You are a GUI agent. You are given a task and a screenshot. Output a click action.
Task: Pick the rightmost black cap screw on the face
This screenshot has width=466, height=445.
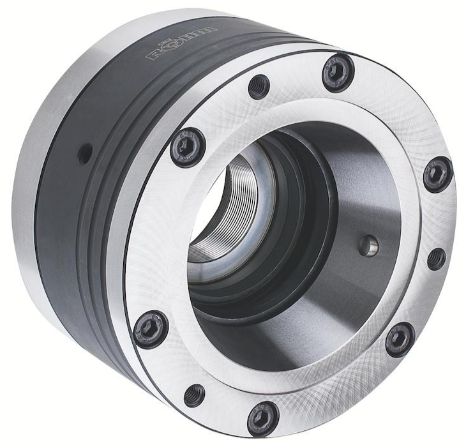pos(438,176)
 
